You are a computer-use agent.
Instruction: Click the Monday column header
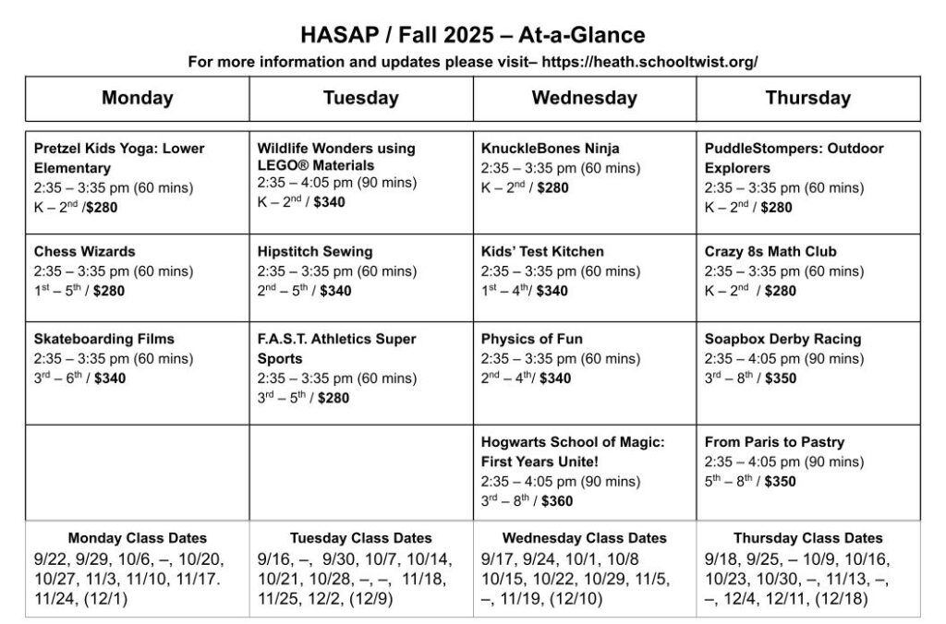pyautogui.click(x=138, y=98)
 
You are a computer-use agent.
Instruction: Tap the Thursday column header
pyautogui.click(x=807, y=98)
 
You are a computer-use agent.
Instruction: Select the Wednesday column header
pyautogui.click(x=584, y=98)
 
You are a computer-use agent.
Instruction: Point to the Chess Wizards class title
pyautogui.click(x=84, y=251)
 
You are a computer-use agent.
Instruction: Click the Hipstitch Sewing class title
pyautogui.click(x=315, y=251)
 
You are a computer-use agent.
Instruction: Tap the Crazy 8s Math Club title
pyautogui.click(x=770, y=251)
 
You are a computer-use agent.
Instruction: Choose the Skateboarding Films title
pyautogui.click(x=104, y=339)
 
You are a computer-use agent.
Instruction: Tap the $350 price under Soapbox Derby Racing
pyautogui.click(x=780, y=378)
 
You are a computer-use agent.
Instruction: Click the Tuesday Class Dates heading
pyautogui.click(x=360, y=538)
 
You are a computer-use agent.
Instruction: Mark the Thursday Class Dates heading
pyautogui.click(x=807, y=538)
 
